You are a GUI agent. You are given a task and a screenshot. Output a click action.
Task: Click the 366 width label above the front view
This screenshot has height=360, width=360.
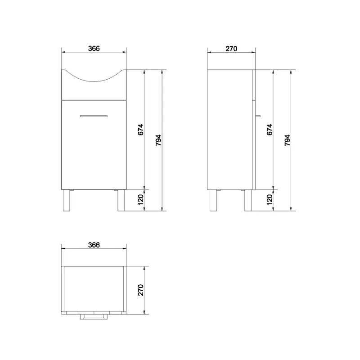pos(94,49)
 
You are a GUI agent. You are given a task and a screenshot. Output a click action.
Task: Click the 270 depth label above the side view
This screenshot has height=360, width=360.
pos(231,49)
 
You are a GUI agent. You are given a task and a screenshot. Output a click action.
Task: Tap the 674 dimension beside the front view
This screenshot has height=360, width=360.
pos(140,130)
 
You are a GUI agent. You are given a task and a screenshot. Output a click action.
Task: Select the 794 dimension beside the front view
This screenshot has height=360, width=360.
pos(158,140)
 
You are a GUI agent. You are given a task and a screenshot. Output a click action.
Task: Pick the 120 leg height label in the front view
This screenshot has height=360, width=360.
pos(140,200)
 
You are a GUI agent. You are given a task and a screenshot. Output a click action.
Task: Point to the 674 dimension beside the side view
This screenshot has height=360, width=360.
pos(270,130)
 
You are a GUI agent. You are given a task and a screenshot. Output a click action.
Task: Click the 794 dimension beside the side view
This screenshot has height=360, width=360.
pos(287,140)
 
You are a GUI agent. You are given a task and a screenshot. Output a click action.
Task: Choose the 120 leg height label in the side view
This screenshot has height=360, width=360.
pos(270,200)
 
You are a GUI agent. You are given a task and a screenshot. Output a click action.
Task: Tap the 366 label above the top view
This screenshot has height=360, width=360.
pos(94,245)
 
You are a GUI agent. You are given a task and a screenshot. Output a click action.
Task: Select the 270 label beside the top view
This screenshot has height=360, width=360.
pos(140,290)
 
